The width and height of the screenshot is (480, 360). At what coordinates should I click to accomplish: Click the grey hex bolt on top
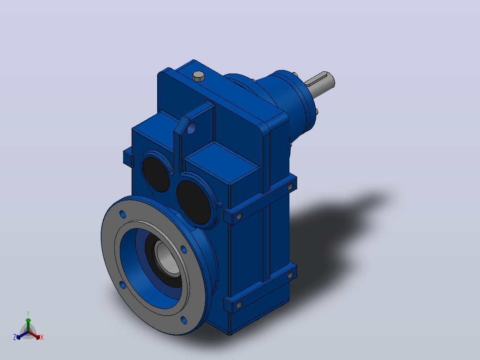pyautogui.click(x=199, y=76)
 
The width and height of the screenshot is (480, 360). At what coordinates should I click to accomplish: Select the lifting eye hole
pyautogui.click(x=191, y=128)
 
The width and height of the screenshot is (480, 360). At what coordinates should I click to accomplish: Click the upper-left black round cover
pyautogui.click(x=155, y=174)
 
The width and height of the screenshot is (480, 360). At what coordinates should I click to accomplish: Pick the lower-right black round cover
pyautogui.click(x=194, y=202)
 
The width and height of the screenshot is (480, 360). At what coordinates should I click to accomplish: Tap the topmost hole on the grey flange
pyautogui.click(x=122, y=214)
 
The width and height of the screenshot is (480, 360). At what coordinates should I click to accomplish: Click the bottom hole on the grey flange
pyautogui.click(x=183, y=320)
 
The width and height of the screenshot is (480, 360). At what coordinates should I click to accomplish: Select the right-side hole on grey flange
pyautogui.click(x=183, y=250)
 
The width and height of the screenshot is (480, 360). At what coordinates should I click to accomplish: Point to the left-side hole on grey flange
pyautogui.click(x=122, y=285)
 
